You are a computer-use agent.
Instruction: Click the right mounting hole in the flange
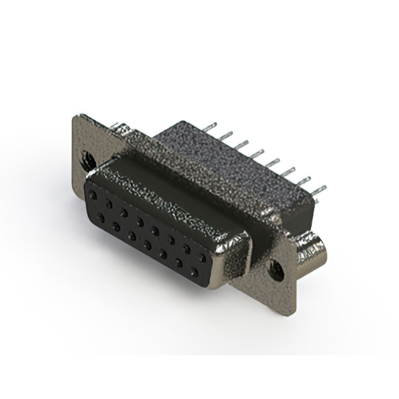point(274,269)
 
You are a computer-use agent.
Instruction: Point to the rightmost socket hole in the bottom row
point(195,272)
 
